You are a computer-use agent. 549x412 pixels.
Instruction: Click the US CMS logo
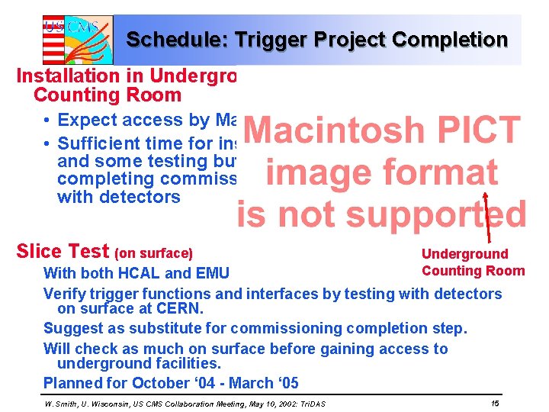click(x=77, y=40)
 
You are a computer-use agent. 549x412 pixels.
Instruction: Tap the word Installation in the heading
click(x=60, y=76)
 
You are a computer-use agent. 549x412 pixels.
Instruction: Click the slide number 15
click(x=495, y=402)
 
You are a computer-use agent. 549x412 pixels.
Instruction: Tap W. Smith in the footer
click(x=62, y=403)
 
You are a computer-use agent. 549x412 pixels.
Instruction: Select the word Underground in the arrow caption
click(x=464, y=254)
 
